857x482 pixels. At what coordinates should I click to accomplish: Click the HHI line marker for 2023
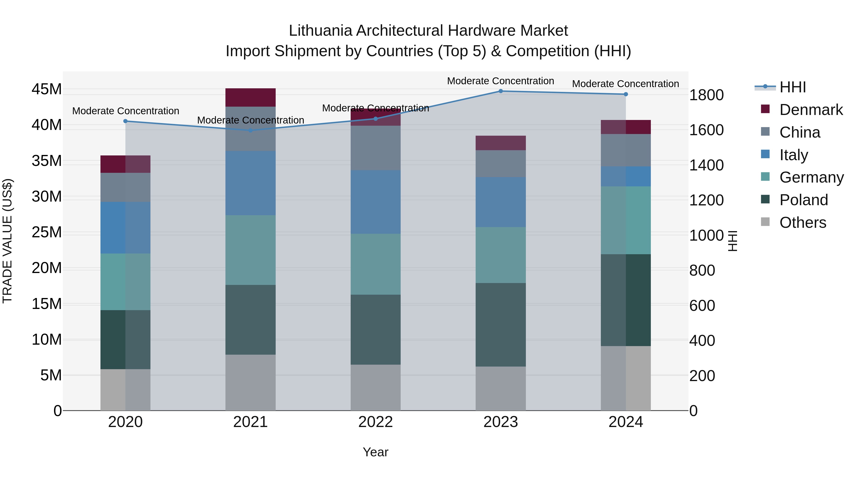click(x=500, y=91)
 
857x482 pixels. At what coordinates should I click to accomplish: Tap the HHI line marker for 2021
click(x=250, y=130)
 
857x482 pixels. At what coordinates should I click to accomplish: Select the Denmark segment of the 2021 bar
click(x=250, y=97)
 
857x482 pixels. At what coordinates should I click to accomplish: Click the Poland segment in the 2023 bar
click(x=500, y=325)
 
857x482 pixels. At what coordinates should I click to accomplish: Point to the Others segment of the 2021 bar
click(x=250, y=382)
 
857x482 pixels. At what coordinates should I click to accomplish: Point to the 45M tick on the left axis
click(x=47, y=89)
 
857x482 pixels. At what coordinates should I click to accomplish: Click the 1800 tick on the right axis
click(x=706, y=95)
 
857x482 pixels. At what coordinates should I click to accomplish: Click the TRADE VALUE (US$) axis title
click(x=7, y=241)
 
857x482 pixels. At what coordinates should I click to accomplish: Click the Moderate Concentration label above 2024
click(x=625, y=84)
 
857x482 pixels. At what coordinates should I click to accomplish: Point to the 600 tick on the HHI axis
click(x=702, y=306)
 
